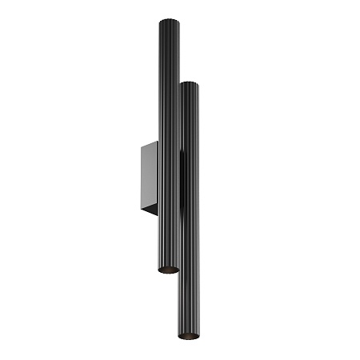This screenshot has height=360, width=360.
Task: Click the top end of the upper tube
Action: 169,21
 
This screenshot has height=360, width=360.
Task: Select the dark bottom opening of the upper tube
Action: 168,270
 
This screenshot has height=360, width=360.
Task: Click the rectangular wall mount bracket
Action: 150,178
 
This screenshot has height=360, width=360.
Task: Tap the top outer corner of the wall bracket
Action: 142,144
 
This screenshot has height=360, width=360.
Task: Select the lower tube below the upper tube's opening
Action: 189,304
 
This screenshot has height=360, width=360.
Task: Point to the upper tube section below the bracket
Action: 168,240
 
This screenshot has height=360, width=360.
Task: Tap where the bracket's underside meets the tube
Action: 158,214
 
